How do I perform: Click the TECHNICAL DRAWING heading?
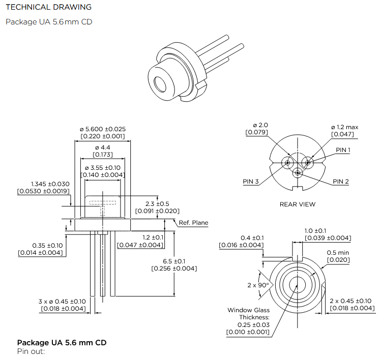(48, 7)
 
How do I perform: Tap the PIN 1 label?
(343, 150)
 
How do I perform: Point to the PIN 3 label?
(251, 182)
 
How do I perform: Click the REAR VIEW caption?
(298, 204)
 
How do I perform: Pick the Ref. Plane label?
(193, 223)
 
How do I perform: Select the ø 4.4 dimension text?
(103, 147)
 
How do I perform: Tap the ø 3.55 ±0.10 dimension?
(103, 168)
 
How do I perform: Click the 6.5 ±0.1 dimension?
(174, 261)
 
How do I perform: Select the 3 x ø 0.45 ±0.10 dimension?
(63, 301)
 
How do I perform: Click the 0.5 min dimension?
(338, 253)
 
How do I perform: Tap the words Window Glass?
(249, 310)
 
